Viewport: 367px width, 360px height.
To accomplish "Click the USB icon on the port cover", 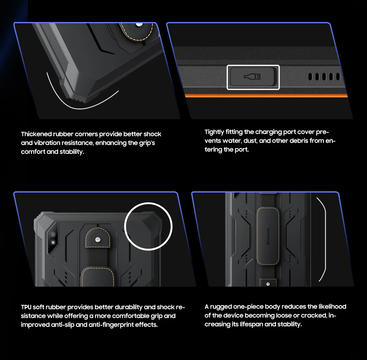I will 253,76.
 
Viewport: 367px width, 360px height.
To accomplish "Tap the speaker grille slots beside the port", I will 324,77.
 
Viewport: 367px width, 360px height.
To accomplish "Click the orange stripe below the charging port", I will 266,96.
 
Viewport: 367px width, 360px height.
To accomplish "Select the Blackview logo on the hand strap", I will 268,236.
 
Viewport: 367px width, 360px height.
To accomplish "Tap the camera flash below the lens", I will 53,242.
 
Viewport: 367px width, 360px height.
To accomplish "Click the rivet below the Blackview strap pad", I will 268,284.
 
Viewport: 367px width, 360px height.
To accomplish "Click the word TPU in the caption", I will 26,307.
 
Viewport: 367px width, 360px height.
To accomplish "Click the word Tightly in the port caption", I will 214,132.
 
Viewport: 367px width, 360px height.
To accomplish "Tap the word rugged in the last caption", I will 221,307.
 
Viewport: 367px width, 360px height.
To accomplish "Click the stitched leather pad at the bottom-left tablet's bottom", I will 98,277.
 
